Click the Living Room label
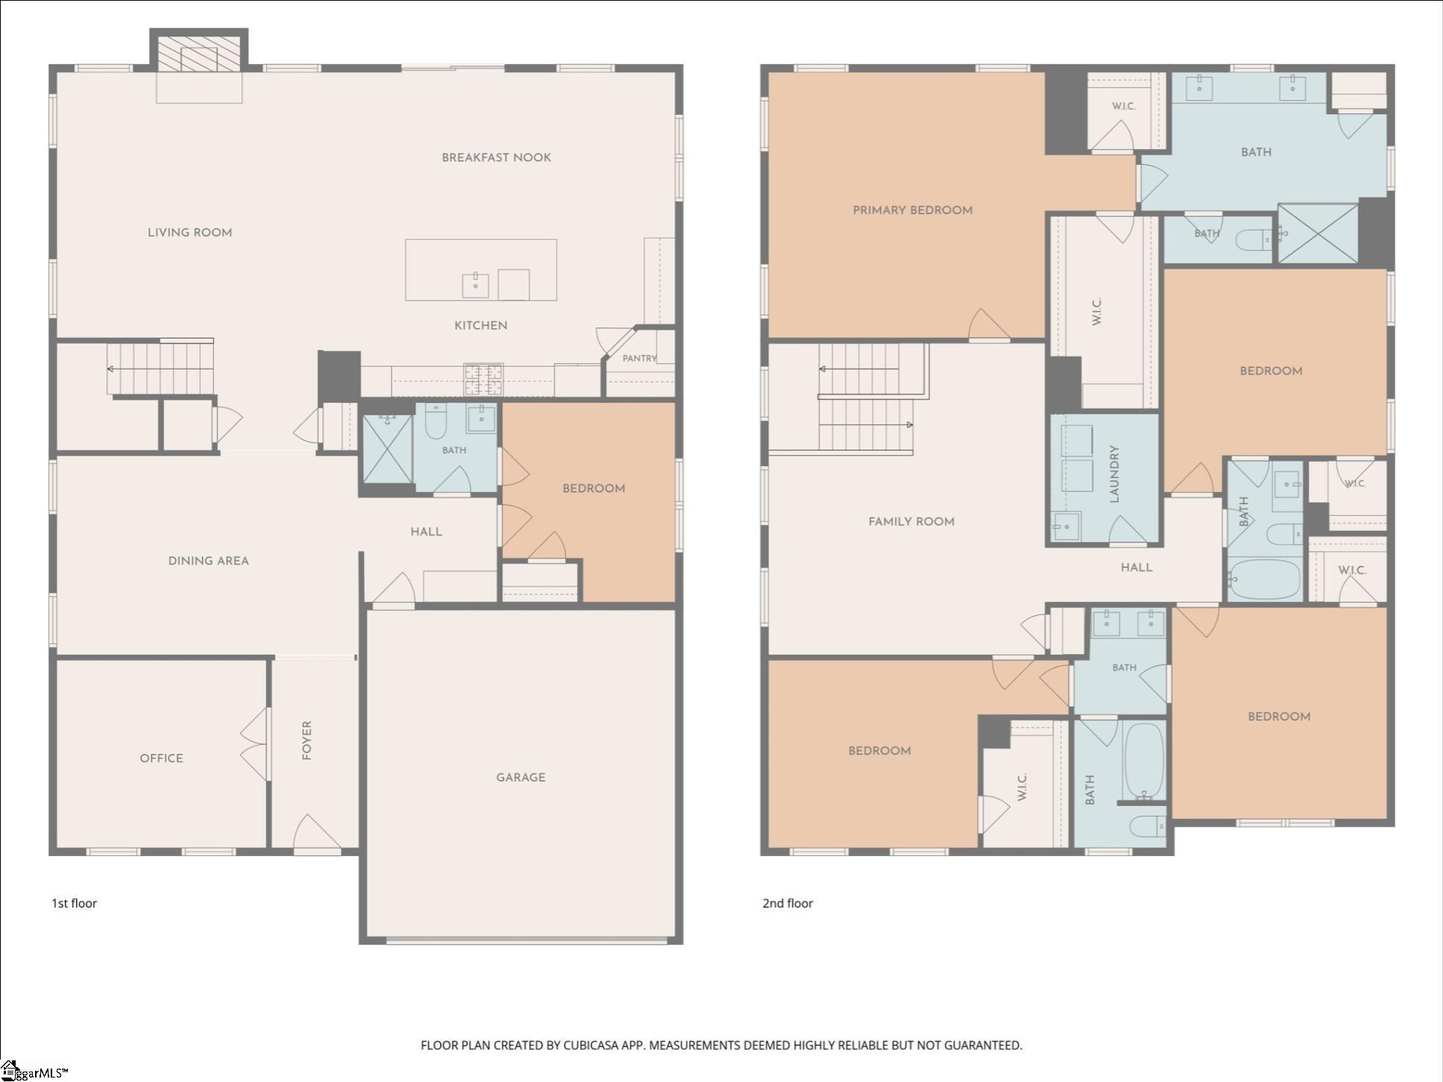189,233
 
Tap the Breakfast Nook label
496,157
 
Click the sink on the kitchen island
475,285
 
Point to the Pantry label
639,358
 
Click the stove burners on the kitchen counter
483,379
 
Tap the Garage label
521,777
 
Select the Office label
161,758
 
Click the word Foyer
306,740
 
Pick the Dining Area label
208,561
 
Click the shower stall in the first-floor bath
387,449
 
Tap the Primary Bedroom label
912,210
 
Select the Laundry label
1115,474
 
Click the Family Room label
911,522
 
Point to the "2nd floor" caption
787,903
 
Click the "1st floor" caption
74,903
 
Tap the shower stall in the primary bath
1318,233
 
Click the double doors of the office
255,744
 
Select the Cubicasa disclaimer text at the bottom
721,1045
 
